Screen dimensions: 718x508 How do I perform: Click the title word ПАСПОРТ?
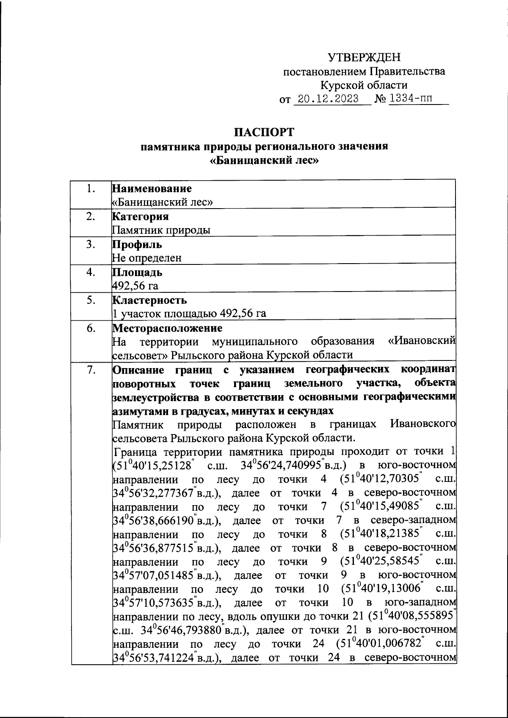(x=264, y=132)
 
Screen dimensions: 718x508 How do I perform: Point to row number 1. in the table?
(x=90, y=189)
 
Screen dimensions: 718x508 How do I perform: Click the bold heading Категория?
(x=140, y=217)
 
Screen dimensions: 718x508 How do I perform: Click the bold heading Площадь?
(x=137, y=272)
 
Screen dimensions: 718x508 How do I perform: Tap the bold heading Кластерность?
(x=149, y=300)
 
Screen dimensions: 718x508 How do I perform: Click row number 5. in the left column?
(x=90, y=300)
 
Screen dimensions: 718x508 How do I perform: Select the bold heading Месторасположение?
(x=167, y=328)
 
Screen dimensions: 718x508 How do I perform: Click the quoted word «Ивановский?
(x=422, y=341)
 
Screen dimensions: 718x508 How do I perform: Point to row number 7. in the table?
(x=90, y=370)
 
